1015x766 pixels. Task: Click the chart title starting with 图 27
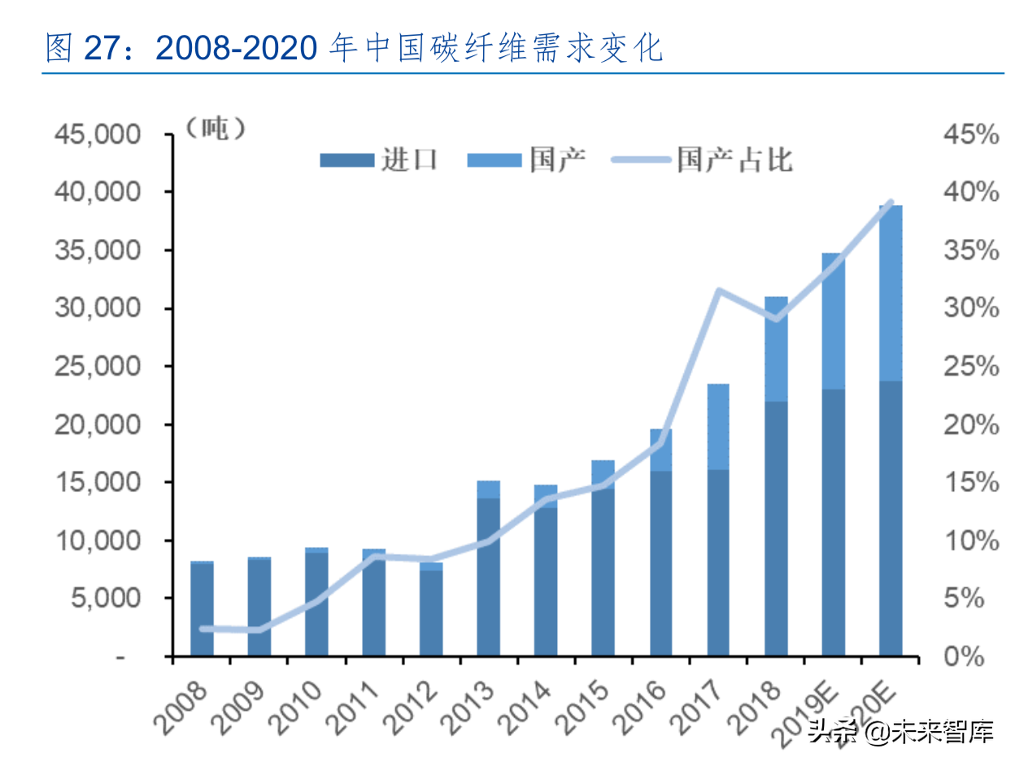click(355, 50)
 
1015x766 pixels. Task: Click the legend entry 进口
click(381, 159)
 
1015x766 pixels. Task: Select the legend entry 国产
click(528, 159)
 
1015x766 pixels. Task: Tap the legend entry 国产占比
click(701, 159)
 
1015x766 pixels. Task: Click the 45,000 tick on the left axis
click(96, 134)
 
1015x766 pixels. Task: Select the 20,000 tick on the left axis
click(96, 424)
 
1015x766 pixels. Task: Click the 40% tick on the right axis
click(970, 193)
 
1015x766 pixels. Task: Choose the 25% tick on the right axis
click(970, 367)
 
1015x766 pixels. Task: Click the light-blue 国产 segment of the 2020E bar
click(891, 293)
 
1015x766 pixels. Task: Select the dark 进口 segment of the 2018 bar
click(776, 529)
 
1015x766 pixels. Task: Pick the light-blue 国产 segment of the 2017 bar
click(718, 427)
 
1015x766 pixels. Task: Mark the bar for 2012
click(432, 610)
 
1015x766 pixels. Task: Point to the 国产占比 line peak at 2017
click(718, 290)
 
